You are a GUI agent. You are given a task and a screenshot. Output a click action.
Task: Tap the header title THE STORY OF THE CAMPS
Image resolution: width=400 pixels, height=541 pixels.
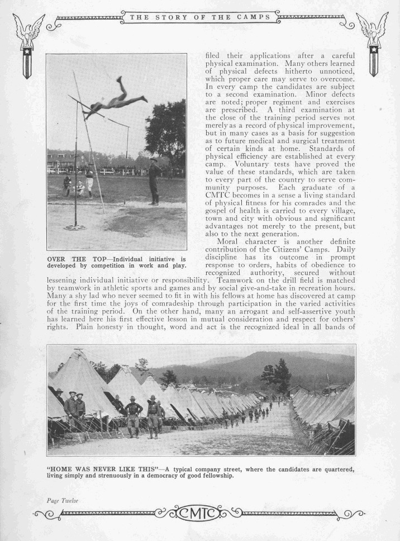tap(199, 17)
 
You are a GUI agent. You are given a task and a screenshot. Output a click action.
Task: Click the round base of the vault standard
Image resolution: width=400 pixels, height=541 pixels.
tap(75, 227)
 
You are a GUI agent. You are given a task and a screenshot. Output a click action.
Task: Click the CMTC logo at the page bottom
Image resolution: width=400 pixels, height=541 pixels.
tap(199, 512)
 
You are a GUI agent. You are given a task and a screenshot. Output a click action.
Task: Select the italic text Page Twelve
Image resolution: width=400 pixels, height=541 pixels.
tap(62, 500)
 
